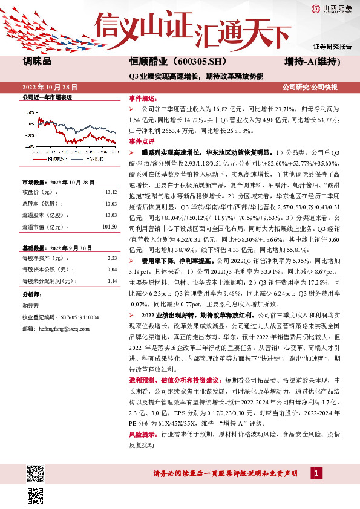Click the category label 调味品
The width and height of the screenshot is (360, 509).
37,62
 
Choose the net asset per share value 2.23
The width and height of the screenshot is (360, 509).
111,258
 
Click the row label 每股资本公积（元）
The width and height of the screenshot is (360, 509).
43,270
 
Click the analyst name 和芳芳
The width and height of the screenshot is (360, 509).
30,305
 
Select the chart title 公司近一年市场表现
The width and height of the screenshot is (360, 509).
47,97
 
